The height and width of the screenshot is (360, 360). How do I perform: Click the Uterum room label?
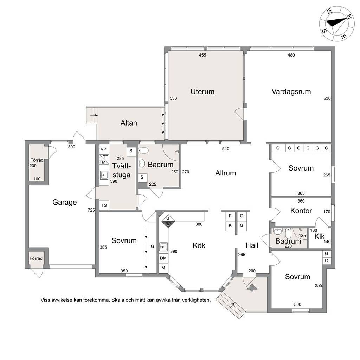pos(202,92)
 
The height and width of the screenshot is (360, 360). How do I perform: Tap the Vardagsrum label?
pos(291,92)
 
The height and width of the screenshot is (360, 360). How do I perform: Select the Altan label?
pos(129,123)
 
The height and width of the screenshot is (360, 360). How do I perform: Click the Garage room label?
pos(65,202)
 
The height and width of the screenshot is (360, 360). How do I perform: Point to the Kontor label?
pos(301,211)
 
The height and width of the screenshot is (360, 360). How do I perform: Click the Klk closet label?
pos(319,236)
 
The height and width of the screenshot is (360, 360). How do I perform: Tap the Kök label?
pos(199,245)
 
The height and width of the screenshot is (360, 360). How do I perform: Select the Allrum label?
pos(225,173)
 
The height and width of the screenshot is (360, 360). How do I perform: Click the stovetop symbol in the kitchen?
pos(168,222)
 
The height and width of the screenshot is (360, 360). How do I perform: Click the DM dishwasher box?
pos(163,258)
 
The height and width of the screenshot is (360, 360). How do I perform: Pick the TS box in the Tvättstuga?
pos(104,205)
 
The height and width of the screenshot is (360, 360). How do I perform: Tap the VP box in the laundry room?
pos(104,149)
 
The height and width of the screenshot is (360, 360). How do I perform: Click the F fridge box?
pos(230,216)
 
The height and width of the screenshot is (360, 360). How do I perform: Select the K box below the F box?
pos(230,226)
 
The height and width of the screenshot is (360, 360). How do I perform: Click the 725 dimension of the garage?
pos(91,210)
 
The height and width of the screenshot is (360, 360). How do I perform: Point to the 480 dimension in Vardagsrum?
pos(291,55)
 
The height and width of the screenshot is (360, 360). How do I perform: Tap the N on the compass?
pos(349,17)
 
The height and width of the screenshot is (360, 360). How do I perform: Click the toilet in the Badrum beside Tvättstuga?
pos(143,150)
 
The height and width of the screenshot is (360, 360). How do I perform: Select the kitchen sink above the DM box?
pos(163,247)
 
